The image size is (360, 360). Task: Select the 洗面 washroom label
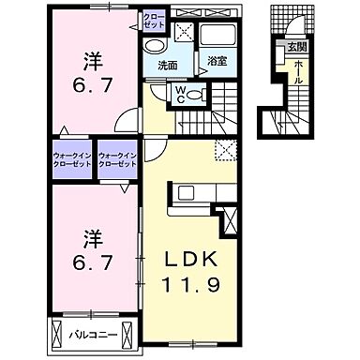(168, 67)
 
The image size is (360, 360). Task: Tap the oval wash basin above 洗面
(156, 46)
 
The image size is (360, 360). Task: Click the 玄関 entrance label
(294, 44)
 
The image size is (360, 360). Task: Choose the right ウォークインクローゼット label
(118, 159)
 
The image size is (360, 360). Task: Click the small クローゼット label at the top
(153, 21)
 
